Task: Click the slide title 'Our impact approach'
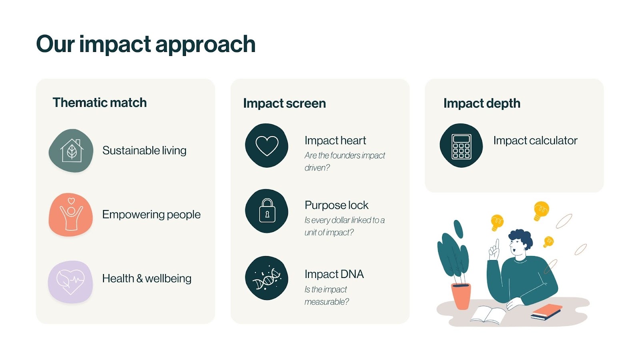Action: (146, 44)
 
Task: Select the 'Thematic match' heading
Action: (100, 102)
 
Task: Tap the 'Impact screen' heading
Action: (284, 103)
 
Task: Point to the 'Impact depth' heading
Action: (482, 103)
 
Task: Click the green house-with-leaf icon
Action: (71, 151)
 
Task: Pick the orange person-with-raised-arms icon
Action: (71, 215)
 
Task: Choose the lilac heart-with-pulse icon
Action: (70, 282)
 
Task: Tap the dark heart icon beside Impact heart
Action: (267, 146)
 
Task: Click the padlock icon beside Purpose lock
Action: (267, 211)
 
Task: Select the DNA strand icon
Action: (267, 278)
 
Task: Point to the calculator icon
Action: (461, 146)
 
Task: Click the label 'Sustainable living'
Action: (144, 150)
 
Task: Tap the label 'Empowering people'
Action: (151, 214)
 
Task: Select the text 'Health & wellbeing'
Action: (147, 278)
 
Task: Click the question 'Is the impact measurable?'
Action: (326, 295)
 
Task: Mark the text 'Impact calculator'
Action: (535, 140)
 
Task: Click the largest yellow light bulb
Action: (541, 210)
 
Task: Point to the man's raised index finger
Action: (496, 244)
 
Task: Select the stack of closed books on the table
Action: (546, 312)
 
